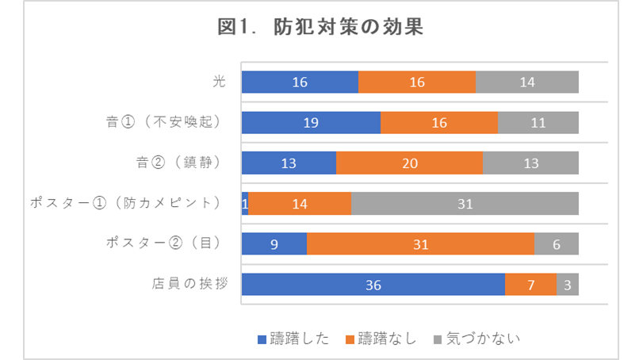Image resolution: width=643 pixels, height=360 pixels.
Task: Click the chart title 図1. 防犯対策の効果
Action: pos(321,28)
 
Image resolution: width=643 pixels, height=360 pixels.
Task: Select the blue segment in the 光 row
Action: pos(300,82)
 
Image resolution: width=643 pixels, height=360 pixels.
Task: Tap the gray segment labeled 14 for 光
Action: pos(527,82)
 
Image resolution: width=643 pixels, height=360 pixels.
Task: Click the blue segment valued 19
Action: pos(311,123)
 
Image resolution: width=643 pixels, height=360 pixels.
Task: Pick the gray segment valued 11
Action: pos(538,123)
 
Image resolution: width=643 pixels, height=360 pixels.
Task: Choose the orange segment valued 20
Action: pos(409,163)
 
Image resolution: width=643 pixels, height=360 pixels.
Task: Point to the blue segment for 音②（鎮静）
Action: pos(289,163)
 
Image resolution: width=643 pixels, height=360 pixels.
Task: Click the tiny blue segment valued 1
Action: pos(245,204)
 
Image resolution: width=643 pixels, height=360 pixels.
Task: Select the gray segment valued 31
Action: pos(465,204)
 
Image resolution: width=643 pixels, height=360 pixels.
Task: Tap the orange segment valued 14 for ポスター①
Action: pos(300,204)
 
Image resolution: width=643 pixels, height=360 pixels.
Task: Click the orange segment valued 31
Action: pos(420,244)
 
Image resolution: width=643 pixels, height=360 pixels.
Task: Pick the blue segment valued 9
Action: pos(274,244)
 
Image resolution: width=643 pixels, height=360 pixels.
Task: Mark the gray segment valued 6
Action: pos(557,244)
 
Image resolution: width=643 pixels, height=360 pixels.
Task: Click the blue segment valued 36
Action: pos(373,285)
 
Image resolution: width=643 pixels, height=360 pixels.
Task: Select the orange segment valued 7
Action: pos(531,285)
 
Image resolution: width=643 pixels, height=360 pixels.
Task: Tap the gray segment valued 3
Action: pos(568,285)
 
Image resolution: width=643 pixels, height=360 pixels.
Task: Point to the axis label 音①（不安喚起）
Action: pos(162,122)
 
